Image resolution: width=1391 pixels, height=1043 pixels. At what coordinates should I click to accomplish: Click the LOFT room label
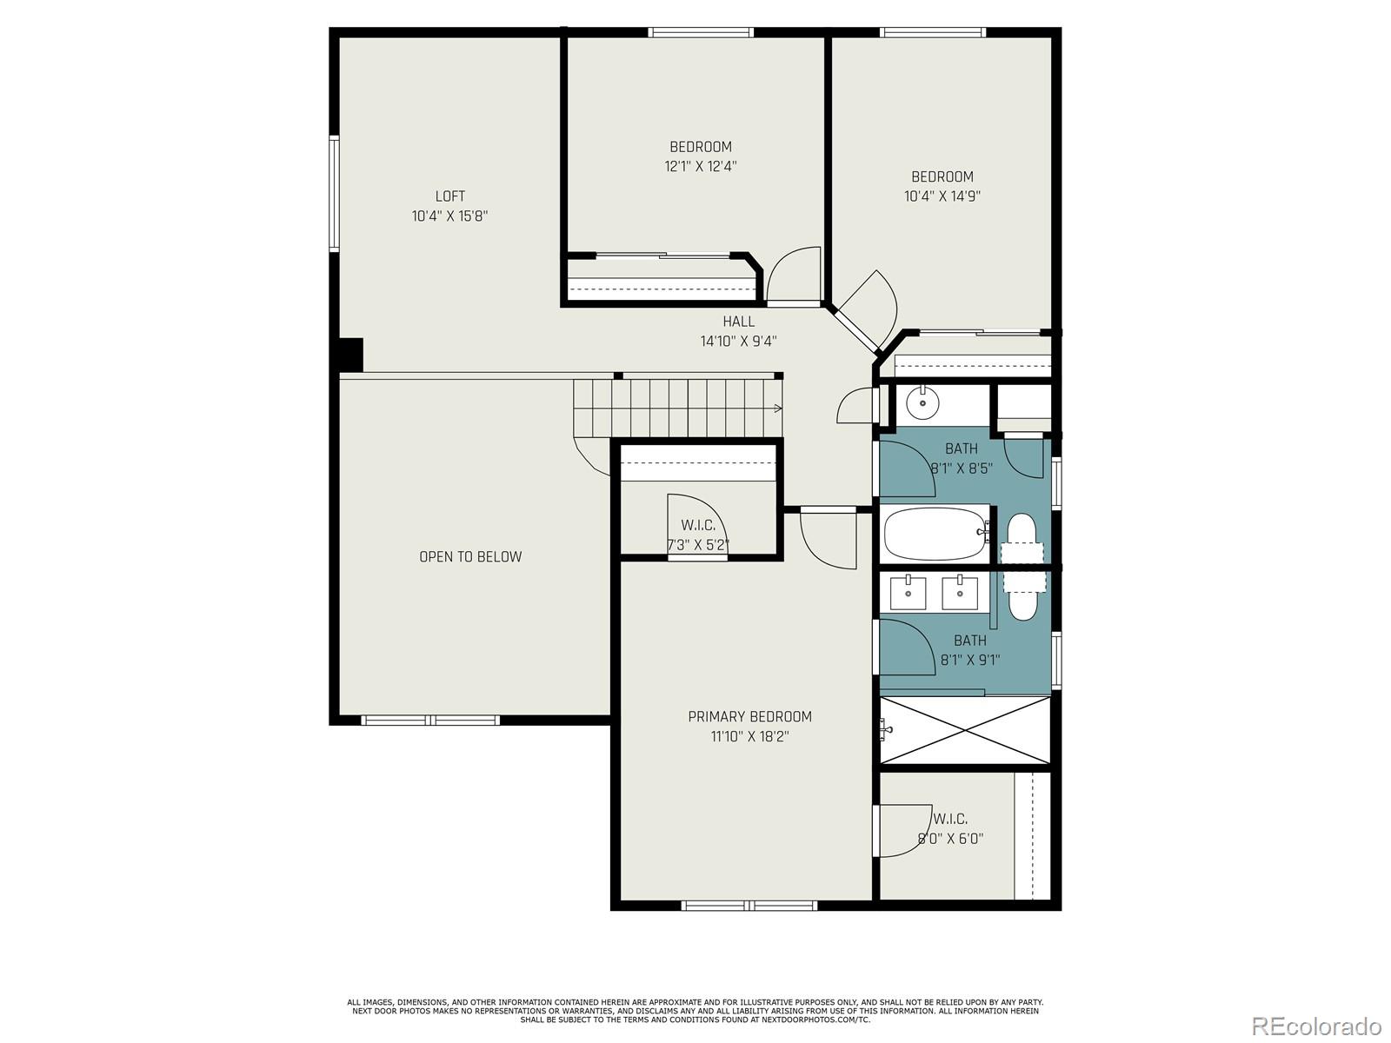tap(449, 196)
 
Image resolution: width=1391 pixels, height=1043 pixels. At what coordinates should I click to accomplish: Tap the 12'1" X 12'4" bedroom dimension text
tap(701, 166)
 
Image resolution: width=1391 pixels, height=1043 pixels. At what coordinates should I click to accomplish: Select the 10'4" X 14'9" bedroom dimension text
tap(942, 196)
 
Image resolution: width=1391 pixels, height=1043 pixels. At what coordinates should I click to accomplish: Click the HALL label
tap(738, 322)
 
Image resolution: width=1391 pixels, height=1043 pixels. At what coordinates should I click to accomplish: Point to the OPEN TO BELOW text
tap(470, 557)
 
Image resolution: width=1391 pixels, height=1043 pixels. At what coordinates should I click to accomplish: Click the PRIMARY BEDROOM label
tap(749, 717)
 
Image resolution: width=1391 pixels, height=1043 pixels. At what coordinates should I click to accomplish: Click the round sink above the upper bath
tap(920, 403)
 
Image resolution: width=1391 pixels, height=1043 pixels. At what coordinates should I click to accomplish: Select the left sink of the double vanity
tap(909, 593)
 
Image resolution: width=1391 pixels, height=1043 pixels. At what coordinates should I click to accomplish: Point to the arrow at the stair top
tap(777, 408)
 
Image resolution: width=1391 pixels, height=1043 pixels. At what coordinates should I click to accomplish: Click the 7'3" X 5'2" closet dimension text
tap(697, 546)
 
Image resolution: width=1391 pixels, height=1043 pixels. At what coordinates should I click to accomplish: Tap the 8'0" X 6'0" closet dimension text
tap(950, 840)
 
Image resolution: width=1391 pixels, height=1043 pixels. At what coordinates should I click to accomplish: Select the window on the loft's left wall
tap(334, 193)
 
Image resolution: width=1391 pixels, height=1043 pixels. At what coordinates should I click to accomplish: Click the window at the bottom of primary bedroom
tap(749, 906)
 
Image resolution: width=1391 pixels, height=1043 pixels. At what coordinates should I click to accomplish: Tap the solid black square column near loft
tap(349, 355)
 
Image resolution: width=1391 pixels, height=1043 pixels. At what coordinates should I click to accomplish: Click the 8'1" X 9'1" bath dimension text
tap(970, 660)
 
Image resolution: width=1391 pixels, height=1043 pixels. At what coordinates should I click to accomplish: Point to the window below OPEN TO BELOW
tap(430, 720)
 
